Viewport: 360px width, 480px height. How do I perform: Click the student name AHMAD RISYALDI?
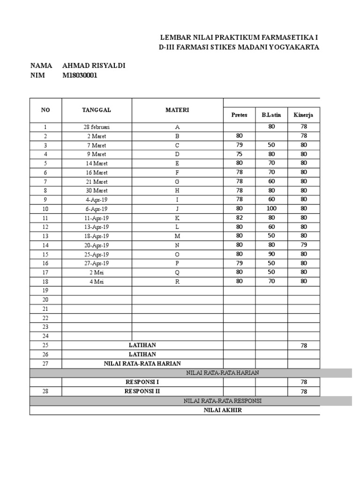[94, 66]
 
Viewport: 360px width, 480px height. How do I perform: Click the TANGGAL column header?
[97, 110]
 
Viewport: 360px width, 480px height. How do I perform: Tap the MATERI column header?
[177, 110]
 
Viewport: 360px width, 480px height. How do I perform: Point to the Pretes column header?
[240, 115]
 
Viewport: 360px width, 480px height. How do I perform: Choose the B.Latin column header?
[271, 115]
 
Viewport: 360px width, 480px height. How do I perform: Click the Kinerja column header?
[304, 115]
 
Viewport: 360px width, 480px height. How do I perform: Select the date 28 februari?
[97, 127]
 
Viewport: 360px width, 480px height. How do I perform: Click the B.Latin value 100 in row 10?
[271, 209]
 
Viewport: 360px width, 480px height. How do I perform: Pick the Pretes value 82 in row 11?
[240, 217]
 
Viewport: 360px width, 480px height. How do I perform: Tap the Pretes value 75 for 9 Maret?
[240, 154]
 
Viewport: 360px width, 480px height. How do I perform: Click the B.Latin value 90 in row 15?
[271, 254]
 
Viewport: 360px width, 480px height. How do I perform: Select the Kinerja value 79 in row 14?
[304, 245]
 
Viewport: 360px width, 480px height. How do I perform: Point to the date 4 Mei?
[97, 281]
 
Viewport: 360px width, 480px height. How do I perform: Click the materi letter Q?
[177, 272]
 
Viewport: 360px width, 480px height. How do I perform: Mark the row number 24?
[45, 336]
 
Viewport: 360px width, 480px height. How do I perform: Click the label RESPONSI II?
[142, 391]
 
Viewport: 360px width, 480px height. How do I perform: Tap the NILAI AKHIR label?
[223, 410]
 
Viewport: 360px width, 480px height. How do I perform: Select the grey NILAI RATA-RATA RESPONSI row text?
[223, 401]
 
